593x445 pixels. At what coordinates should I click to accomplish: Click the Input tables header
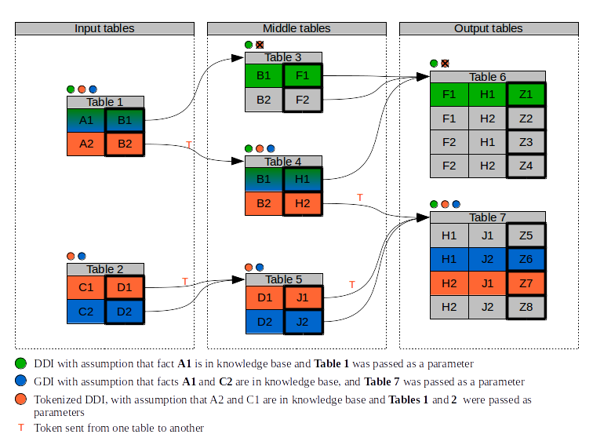coord(104,29)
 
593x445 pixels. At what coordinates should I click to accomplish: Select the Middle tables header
coord(296,29)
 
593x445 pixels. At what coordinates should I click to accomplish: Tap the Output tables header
coord(489,29)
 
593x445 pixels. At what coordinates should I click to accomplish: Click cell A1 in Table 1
coord(85,120)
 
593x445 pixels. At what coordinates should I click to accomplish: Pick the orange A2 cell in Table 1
coord(85,144)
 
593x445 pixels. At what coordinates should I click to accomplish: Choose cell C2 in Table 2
coord(85,312)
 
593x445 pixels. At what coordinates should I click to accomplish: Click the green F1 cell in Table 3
coord(303,75)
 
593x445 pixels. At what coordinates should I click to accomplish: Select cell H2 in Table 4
coord(303,203)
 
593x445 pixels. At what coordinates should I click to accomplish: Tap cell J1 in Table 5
coord(303,297)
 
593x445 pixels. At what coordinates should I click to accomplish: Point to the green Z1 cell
coord(526,94)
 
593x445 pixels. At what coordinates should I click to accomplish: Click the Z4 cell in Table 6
coord(526,166)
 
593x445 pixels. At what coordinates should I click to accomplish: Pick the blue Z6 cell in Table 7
coord(526,259)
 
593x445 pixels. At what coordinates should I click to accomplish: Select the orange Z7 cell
coord(526,283)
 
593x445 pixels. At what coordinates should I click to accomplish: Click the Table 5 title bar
coord(284,279)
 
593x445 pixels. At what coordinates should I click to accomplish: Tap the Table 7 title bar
coord(488,217)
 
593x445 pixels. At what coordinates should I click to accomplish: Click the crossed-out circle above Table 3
coord(260,45)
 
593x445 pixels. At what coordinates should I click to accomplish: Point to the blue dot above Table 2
coord(82,256)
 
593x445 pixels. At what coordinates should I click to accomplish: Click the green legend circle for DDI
coord(20,363)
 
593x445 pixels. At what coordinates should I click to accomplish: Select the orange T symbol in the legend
coord(21,428)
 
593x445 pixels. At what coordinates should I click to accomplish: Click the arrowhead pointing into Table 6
coord(423,77)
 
